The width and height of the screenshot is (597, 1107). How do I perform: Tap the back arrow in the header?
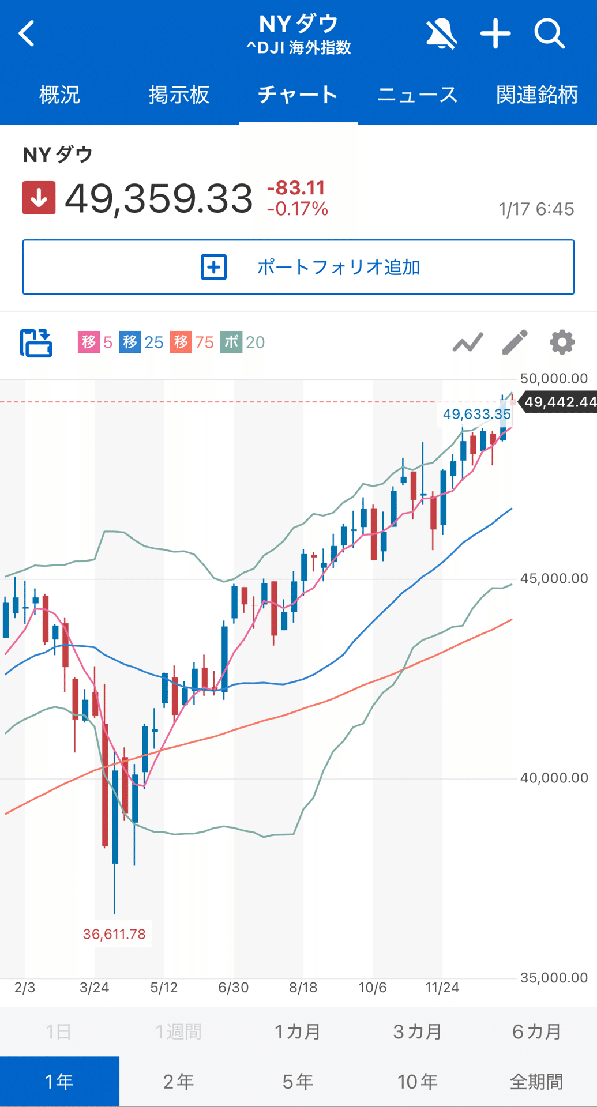[27, 33]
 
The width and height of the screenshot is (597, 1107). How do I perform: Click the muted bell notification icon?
[441, 33]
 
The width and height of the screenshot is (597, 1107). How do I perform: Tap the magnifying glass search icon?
[549, 33]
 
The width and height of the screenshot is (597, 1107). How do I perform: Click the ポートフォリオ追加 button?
[298, 267]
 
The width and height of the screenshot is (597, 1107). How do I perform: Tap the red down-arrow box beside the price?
[39, 198]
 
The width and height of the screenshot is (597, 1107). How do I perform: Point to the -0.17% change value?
[298, 209]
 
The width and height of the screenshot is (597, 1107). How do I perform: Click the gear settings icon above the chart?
[562, 342]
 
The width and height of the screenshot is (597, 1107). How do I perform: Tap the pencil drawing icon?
[515, 342]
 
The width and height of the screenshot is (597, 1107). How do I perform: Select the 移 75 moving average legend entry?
[192, 342]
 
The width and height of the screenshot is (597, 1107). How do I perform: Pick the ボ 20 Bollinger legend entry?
[243, 342]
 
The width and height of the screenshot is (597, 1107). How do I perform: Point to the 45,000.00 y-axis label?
[554, 578]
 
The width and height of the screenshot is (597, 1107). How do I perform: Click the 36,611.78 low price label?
[114, 934]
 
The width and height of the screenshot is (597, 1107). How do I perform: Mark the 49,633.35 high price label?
[476, 414]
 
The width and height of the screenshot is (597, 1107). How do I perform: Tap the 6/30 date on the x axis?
[234, 988]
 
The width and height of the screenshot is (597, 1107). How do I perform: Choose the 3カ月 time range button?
[417, 1031]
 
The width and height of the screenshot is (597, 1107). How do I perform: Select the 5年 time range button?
[298, 1082]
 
